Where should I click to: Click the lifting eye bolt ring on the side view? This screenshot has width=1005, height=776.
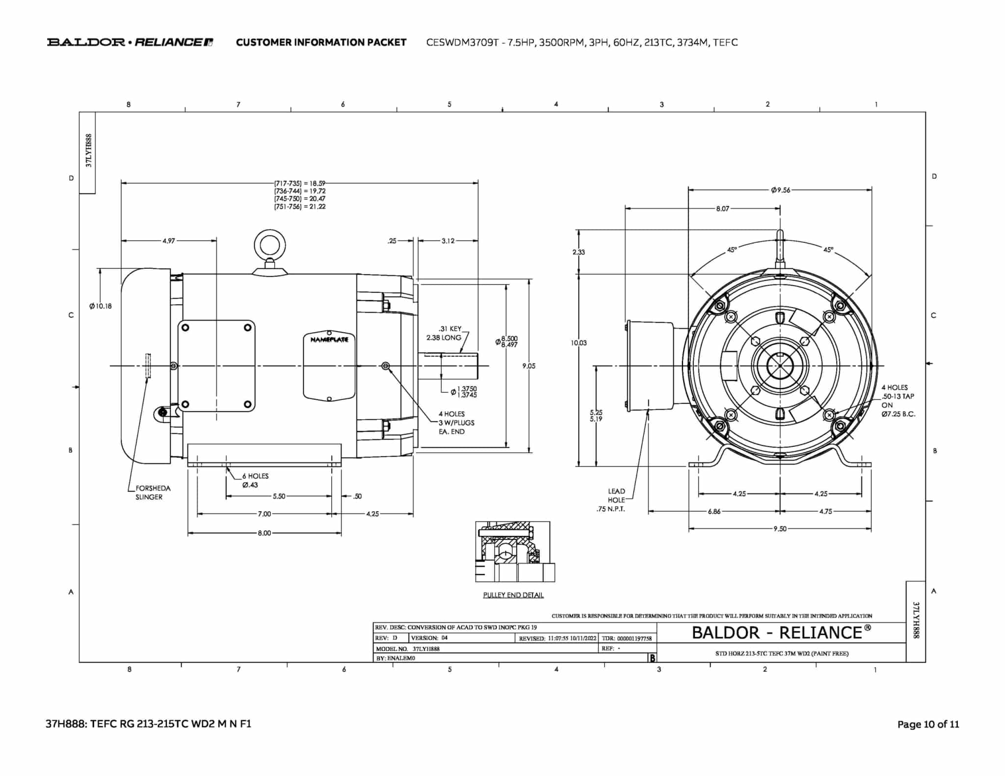pyautogui.click(x=270, y=233)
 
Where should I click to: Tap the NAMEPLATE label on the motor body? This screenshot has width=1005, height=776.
pyautogui.click(x=329, y=339)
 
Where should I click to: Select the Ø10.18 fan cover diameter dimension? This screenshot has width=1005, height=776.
pyautogui.click(x=101, y=306)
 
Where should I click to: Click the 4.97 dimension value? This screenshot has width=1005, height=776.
pyautogui.click(x=168, y=241)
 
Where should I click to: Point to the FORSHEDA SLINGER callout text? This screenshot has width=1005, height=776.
pyautogui.click(x=153, y=492)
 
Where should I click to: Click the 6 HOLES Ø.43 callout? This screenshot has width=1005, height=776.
pyautogui.click(x=255, y=480)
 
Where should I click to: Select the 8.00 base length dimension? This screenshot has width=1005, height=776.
pyautogui.click(x=264, y=533)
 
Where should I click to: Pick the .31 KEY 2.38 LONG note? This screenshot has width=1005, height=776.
pyautogui.click(x=444, y=333)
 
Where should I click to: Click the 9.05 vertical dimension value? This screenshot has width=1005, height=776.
pyautogui.click(x=529, y=366)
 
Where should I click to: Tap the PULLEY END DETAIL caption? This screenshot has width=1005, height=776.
pyautogui.click(x=513, y=595)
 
